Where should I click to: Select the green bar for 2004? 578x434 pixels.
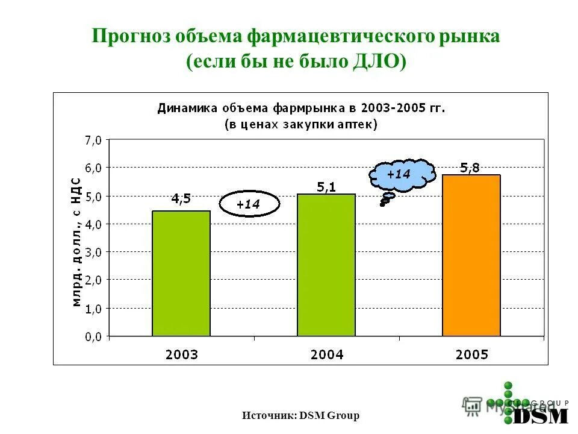(326, 265)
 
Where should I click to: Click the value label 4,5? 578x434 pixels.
(181, 200)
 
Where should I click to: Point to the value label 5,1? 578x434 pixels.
(326, 188)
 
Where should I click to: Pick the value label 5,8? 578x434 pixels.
(470, 168)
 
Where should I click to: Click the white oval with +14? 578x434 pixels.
(249, 204)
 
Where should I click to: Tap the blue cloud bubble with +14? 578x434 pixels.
(400, 174)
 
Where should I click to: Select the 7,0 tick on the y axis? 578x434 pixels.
(93, 140)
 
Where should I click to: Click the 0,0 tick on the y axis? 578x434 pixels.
(93, 336)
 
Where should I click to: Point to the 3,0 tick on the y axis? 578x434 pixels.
(93, 252)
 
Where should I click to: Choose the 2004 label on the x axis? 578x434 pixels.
(327, 354)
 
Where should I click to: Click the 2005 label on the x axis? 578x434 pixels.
(471, 354)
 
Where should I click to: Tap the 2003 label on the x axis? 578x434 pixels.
(181, 354)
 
